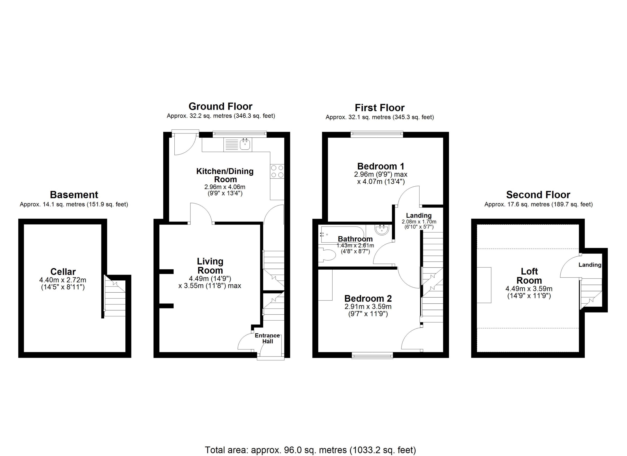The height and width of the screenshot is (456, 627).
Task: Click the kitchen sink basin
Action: [x=245, y=144]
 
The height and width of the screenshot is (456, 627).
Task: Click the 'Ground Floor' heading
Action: [x=220, y=106]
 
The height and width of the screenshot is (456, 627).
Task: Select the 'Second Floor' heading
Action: [x=538, y=195]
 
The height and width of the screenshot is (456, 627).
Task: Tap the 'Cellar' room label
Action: [x=63, y=271]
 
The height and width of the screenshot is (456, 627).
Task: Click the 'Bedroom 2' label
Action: [x=368, y=299]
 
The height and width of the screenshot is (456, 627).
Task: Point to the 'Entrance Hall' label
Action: [x=267, y=338]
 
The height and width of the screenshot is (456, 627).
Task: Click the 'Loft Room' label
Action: [x=529, y=276]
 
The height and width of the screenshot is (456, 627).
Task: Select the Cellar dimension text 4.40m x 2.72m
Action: [x=63, y=280]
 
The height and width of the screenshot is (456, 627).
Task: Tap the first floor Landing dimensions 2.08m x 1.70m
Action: [x=419, y=222]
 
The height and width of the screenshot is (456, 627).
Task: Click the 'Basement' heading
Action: [x=74, y=195]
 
